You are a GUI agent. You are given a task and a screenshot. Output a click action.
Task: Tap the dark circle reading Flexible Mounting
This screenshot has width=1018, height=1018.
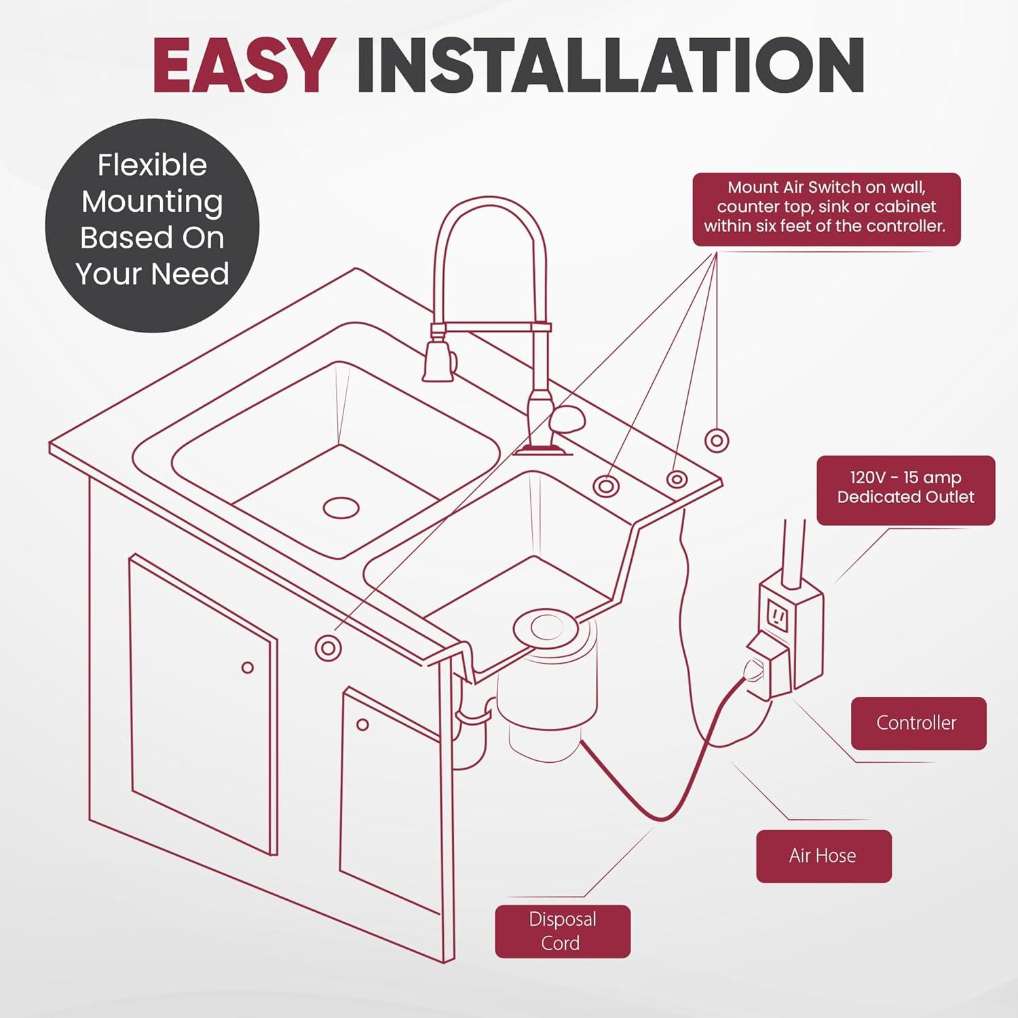[x=152, y=220]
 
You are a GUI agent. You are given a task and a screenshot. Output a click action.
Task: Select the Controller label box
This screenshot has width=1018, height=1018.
[x=918, y=723]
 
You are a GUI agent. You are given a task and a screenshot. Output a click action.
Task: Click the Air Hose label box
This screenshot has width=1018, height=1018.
[x=823, y=855]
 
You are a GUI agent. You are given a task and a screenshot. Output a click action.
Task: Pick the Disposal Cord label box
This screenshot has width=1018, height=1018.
[x=562, y=930]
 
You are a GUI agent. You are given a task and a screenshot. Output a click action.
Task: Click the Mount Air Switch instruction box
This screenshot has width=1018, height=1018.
[x=825, y=208]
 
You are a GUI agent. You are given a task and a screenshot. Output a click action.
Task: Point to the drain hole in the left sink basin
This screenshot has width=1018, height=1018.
[x=341, y=507]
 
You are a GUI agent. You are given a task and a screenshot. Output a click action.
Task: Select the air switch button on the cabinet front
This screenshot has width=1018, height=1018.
[x=328, y=648]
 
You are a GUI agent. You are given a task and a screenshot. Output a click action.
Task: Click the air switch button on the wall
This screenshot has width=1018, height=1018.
[x=716, y=440]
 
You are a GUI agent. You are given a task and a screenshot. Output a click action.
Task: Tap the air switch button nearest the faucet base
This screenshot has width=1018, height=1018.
[x=605, y=485]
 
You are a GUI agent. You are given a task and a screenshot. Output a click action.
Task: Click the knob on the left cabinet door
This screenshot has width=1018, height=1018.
[x=248, y=668]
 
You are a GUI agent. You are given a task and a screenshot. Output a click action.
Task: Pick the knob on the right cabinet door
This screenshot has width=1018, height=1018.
[x=362, y=725]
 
